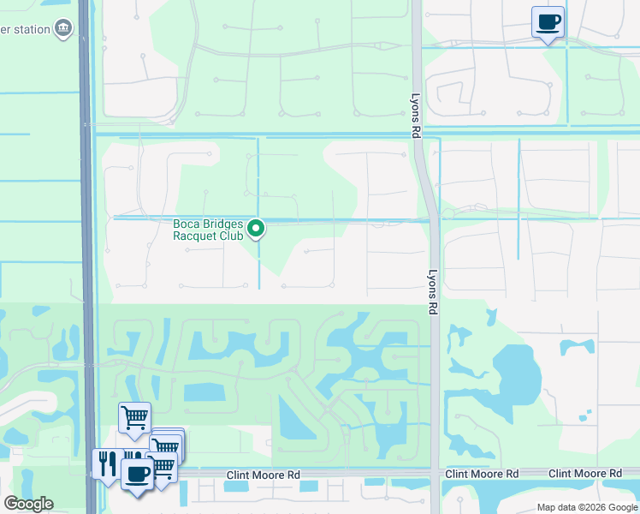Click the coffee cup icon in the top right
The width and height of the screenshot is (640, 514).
[x=548, y=21]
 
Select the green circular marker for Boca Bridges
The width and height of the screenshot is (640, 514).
[x=256, y=229]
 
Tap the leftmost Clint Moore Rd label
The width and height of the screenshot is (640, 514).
[x=264, y=475]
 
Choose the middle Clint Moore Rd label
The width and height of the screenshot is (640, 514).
[x=482, y=474]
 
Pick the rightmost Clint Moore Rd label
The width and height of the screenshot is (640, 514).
[x=585, y=474]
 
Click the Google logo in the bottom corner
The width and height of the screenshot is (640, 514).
[x=28, y=504]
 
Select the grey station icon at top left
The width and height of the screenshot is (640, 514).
[x=63, y=30]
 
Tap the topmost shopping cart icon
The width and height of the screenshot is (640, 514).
[x=134, y=418]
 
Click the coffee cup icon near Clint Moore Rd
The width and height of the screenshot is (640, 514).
[x=137, y=473]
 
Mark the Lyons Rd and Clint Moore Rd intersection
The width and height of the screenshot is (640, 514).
[x=436, y=474]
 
